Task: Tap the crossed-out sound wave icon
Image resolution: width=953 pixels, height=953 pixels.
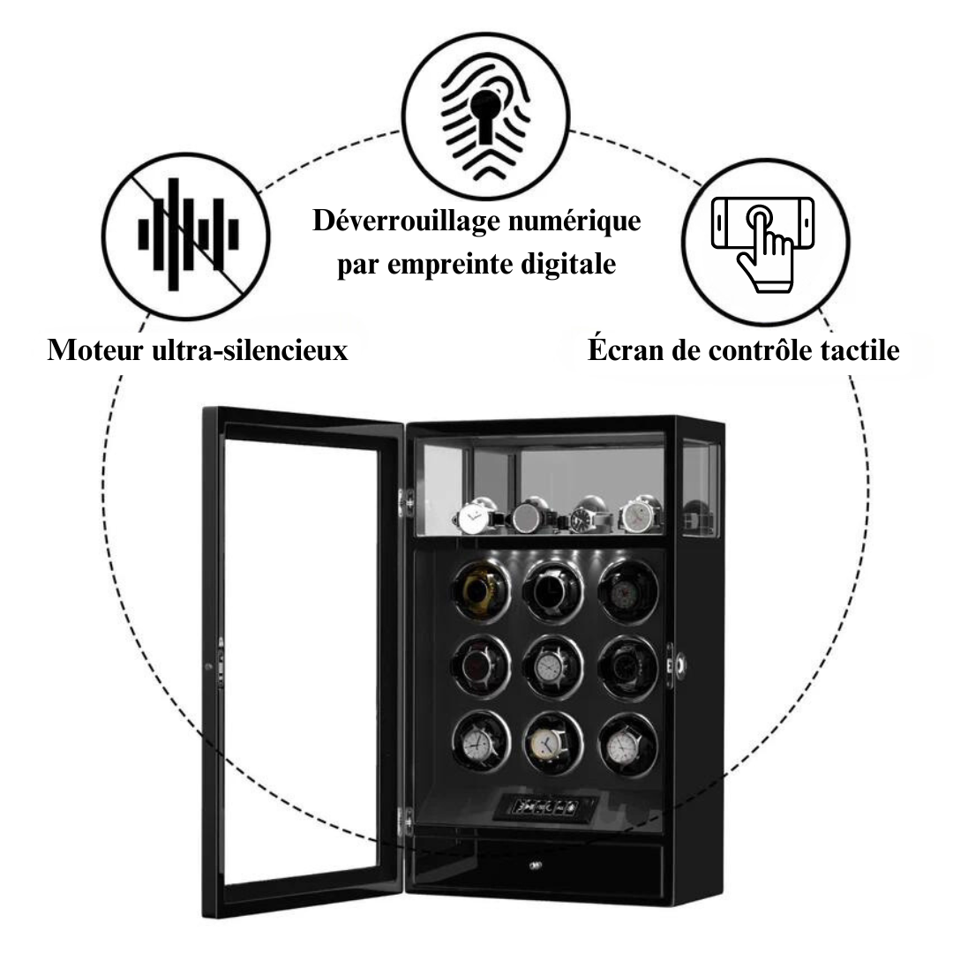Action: [x=186, y=234]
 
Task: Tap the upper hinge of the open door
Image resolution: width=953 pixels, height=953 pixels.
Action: [x=408, y=500]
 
